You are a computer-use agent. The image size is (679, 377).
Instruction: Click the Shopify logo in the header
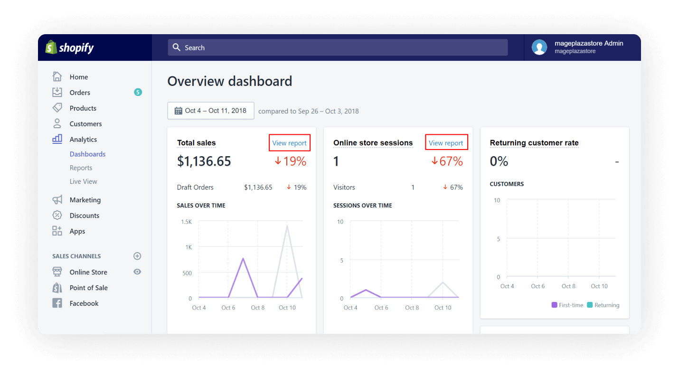(x=69, y=47)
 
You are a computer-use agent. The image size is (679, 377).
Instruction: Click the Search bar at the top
(x=337, y=47)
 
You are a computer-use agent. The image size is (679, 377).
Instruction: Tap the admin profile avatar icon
(x=539, y=47)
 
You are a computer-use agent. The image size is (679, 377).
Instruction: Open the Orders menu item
(x=80, y=93)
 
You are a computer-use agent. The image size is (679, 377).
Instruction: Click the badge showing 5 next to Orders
(x=138, y=92)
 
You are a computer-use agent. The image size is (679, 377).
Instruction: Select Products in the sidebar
(x=83, y=108)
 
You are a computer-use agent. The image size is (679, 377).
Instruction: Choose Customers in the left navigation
(x=85, y=124)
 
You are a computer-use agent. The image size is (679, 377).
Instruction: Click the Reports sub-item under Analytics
(x=81, y=168)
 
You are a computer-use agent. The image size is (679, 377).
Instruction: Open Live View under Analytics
(x=83, y=181)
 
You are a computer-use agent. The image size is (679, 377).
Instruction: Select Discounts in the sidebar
(x=84, y=216)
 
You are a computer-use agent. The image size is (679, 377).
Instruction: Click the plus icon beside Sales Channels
(x=137, y=256)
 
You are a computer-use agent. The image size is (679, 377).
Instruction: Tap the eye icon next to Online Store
(x=137, y=272)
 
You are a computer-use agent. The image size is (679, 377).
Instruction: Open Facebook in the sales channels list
(x=84, y=303)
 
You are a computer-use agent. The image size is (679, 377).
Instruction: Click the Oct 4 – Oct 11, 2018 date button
(x=210, y=111)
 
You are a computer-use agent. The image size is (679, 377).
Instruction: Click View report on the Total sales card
(x=289, y=143)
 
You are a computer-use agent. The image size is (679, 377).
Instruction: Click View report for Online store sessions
(x=446, y=143)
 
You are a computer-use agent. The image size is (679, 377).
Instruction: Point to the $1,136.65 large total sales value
(x=204, y=161)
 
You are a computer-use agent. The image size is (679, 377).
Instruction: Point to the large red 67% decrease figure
(x=447, y=161)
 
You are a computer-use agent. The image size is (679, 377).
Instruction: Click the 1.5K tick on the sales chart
(x=186, y=222)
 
